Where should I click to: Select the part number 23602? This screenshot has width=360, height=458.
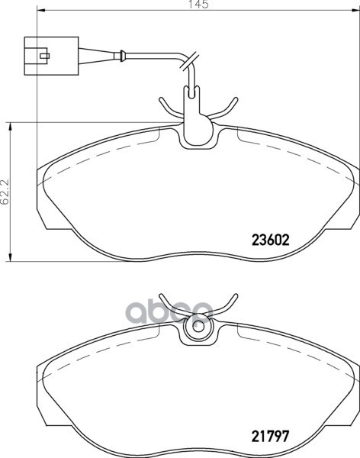tap(269, 239)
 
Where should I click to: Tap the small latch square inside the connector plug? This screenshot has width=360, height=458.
tap(45, 55)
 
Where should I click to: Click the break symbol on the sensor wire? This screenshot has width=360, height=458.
tap(194, 60)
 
